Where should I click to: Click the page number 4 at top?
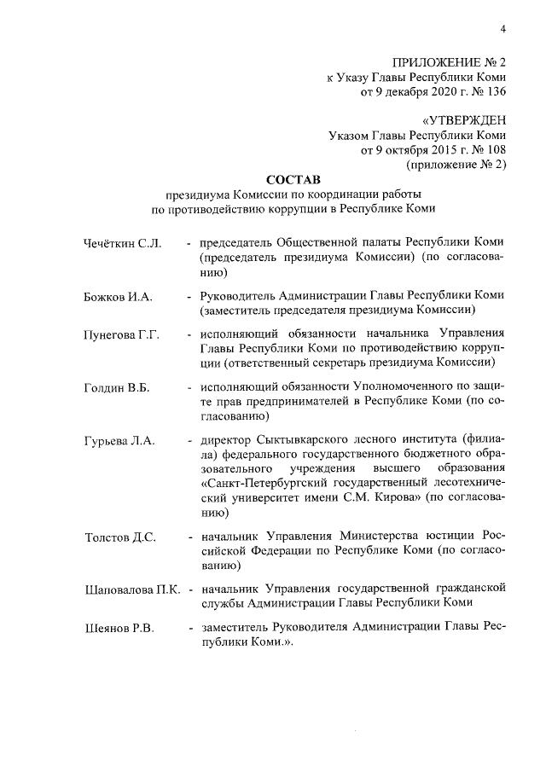tap(503, 31)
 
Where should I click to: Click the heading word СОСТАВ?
tap(291, 180)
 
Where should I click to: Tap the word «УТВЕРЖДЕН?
tap(464, 120)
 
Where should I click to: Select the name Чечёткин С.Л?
tap(123, 246)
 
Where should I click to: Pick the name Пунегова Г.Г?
tap(122, 334)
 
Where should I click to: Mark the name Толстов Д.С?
tap(119, 537)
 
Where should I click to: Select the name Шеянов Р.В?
tap(119, 629)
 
